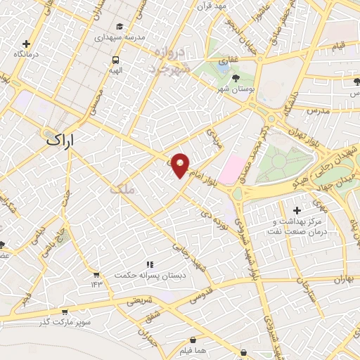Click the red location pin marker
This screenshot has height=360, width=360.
181,165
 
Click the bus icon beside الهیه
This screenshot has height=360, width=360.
115,60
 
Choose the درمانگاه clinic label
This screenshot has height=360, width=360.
27,54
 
